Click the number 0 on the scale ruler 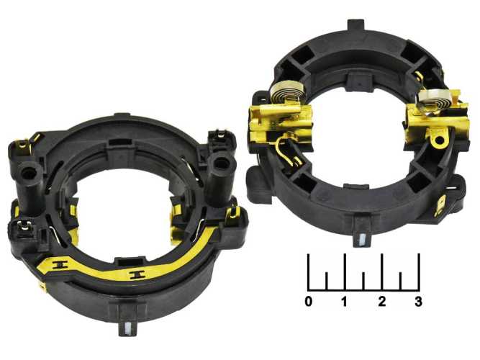(x=309, y=302)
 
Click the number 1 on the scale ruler (x=345, y=302)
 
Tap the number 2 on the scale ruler (x=381, y=302)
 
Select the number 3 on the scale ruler (x=418, y=302)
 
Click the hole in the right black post (x=221, y=163)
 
